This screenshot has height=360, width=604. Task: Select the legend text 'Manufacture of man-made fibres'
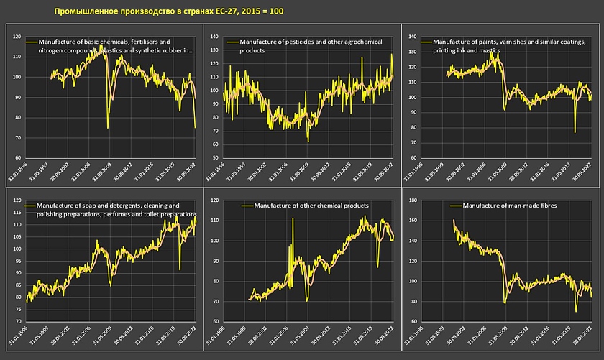[x=511, y=206]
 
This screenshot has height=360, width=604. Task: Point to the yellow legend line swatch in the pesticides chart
[x=232, y=43]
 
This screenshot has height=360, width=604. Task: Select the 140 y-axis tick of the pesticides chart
[x=214, y=36]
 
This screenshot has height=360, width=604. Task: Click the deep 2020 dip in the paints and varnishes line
[x=575, y=131]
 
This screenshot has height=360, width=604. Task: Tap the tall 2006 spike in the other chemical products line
[x=293, y=218]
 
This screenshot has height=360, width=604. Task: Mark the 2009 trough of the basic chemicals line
[x=108, y=128]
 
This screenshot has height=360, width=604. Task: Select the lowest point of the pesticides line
[x=308, y=142]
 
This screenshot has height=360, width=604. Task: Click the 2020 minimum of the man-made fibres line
[x=576, y=311]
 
